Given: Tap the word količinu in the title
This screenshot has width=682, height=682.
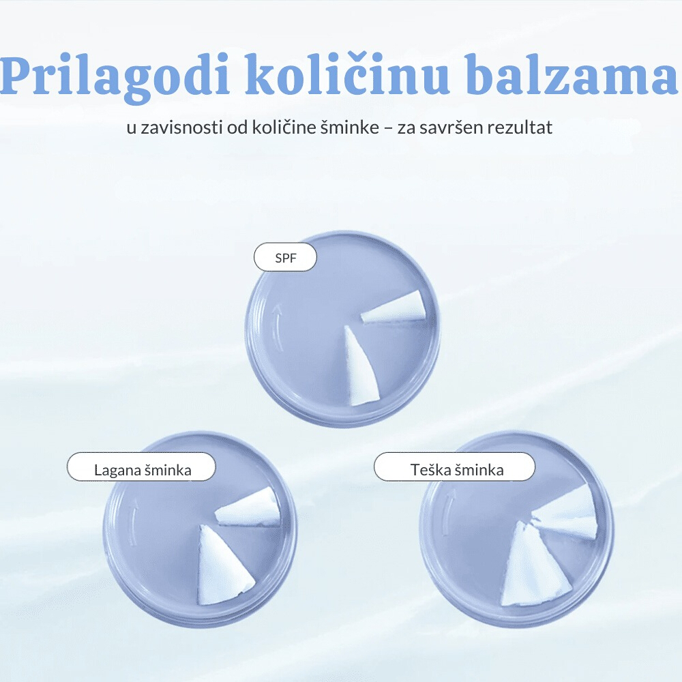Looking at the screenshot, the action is pos(348,73).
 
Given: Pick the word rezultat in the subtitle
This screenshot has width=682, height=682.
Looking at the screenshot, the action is pos(520,128).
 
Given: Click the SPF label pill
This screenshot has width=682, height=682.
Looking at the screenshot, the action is pos(285,258).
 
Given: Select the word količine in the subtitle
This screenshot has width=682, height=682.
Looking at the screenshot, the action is pos(284,128).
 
